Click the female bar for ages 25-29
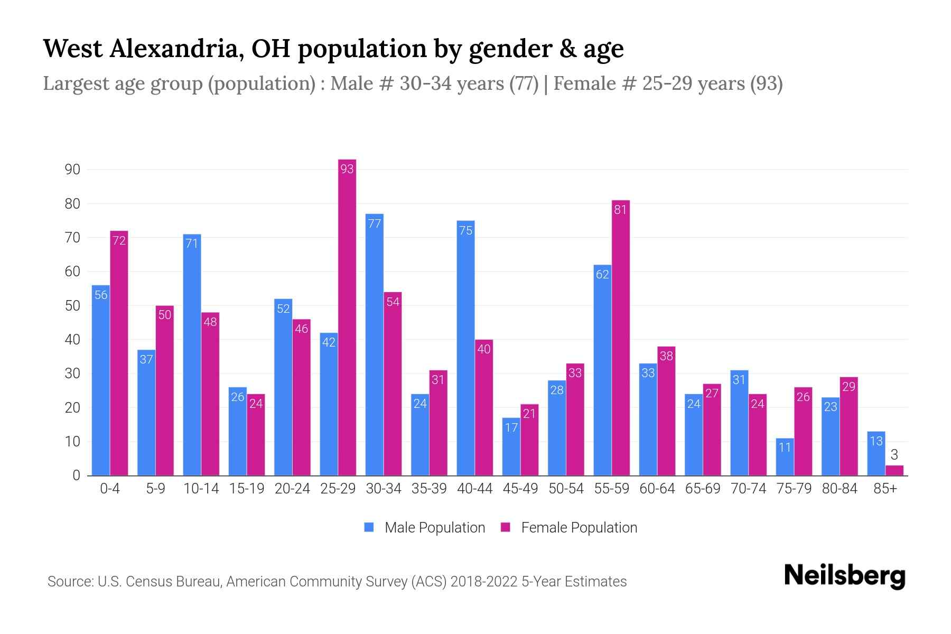coord(347,317)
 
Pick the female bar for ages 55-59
coord(621,338)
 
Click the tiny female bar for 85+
coord(894,470)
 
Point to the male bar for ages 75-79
coord(785,457)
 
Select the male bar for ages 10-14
coord(192,355)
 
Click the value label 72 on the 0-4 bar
coord(119,240)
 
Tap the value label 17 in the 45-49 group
coord(511,427)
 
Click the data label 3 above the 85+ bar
coord(894,454)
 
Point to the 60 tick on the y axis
coord(72,272)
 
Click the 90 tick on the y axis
coord(72,170)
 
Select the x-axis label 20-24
coord(292,489)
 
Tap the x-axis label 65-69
coord(703,489)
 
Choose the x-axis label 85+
coord(885,489)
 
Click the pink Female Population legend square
coord(506,527)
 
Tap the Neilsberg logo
coord(844,576)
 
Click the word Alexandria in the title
coord(176,49)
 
